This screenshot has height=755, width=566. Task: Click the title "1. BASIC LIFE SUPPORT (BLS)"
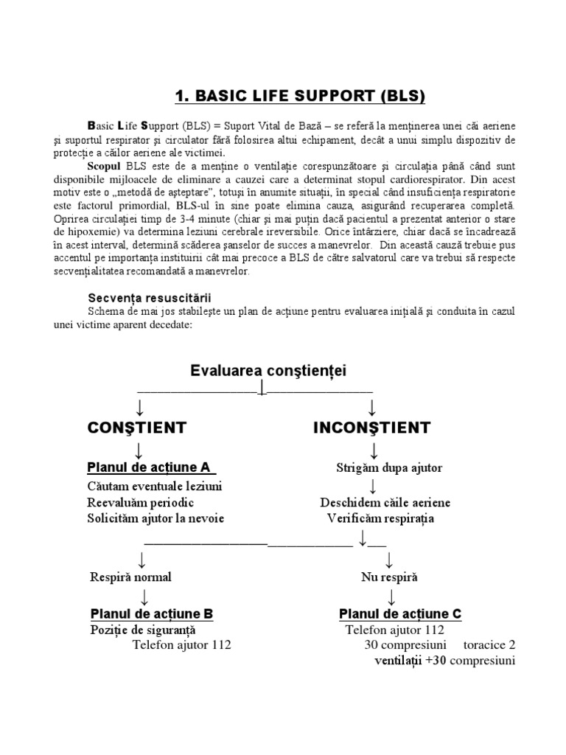tap(300, 96)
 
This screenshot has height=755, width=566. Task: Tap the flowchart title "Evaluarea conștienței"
tap(268, 370)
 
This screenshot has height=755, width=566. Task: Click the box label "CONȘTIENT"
tap(137, 428)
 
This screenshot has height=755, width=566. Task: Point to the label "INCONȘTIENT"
tap(372, 428)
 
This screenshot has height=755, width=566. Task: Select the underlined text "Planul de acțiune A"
tap(151, 467)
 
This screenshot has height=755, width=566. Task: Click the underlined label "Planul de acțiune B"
tap(152, 613)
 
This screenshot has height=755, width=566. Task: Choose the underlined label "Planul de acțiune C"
tap(400, 613)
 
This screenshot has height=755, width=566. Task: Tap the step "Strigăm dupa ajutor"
tap(389, 468)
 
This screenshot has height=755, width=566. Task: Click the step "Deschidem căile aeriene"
tap(385, 503)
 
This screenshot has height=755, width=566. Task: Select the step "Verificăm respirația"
tap(381, 518)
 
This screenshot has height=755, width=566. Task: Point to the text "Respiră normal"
tap(130, 577)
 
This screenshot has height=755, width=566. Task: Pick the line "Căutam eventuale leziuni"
tap(155, 487)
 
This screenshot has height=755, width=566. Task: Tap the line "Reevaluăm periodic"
tap(141, 502)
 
